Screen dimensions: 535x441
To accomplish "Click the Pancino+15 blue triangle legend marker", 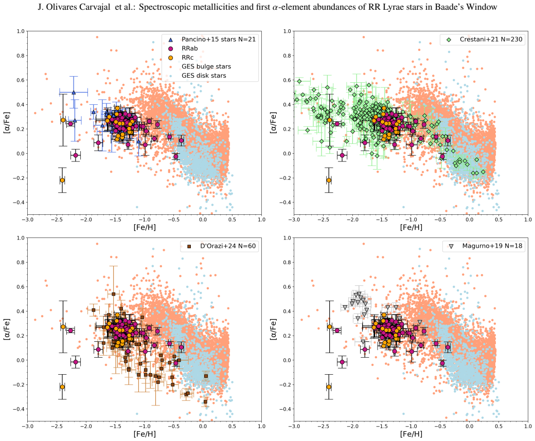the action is point(171,40).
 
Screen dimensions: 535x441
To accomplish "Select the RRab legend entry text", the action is point(190,48).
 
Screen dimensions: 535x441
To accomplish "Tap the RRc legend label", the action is point(188,58).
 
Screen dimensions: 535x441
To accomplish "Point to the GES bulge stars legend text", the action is point(206,66).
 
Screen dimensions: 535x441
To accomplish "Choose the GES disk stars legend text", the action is point(204,76).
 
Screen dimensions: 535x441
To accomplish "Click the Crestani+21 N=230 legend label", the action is point(491,39).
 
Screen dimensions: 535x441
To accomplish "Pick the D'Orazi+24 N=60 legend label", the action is point(228,246).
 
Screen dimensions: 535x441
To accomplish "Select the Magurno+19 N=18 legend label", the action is point(492,246).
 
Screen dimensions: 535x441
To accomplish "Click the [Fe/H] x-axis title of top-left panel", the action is point(145,227).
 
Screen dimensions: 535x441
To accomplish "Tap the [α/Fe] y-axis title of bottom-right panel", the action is point(273,329).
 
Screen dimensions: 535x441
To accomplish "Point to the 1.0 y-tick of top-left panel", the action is point(21,31).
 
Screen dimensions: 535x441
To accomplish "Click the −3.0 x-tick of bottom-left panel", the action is point(28,426).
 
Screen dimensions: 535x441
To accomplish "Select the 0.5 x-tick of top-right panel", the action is point(498,219).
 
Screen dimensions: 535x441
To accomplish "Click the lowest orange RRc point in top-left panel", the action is point(62,180).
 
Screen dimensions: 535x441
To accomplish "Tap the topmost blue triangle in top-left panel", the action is point(74,93).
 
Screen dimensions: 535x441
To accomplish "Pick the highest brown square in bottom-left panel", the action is point(114,294).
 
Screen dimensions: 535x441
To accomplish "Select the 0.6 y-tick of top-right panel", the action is point(287,80).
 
